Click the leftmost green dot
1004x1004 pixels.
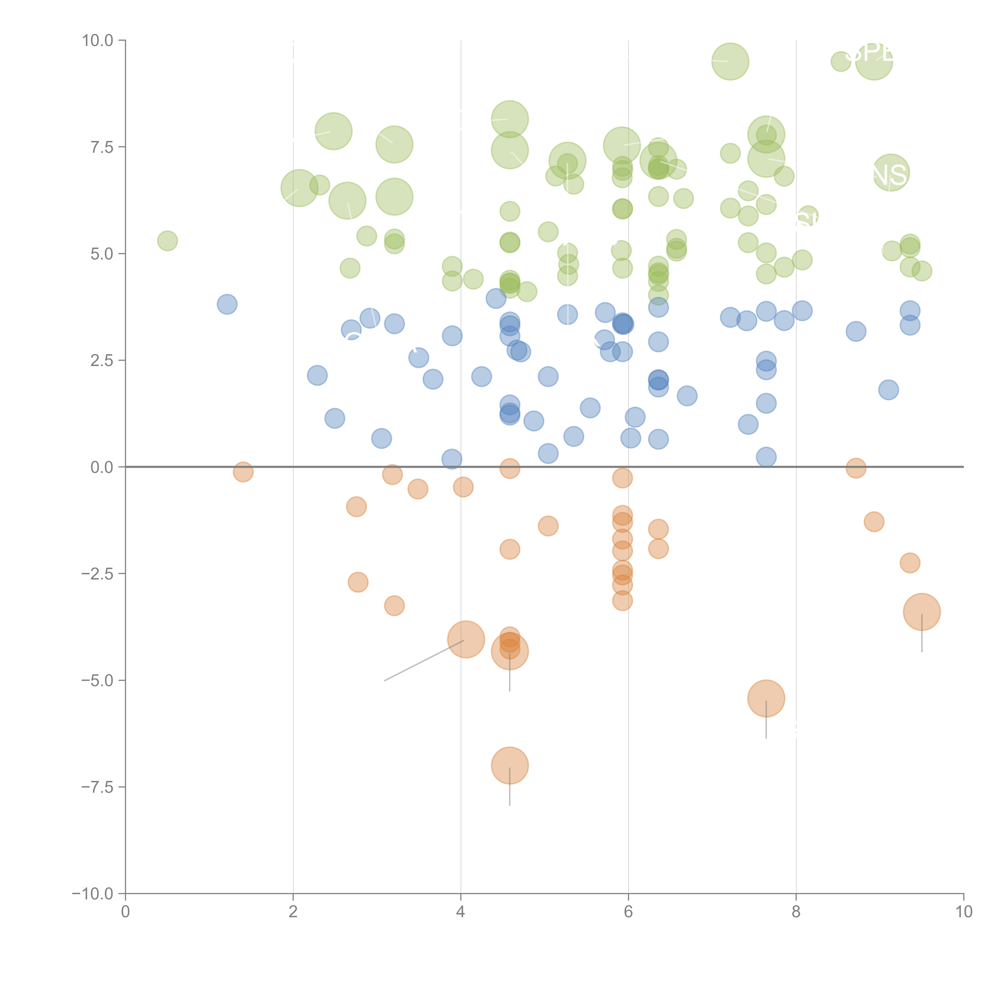point(167,241)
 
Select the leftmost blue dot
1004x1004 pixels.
point(227,304)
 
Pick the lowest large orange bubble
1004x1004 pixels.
point(510,765)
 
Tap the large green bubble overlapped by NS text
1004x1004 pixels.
point(891,172)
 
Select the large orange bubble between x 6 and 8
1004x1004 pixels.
point(766,698)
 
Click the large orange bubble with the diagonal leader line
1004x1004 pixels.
point(466,639)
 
